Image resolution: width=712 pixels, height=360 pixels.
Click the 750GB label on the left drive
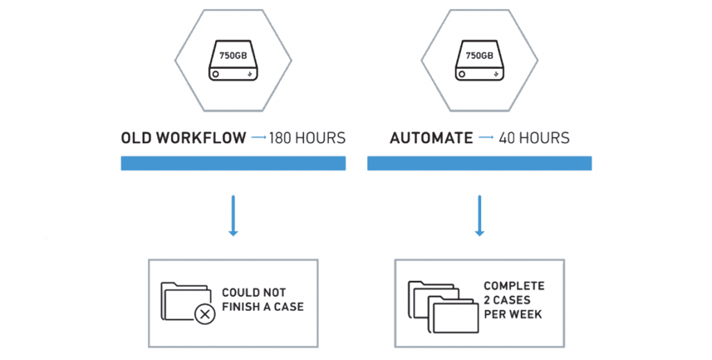click(233, 54)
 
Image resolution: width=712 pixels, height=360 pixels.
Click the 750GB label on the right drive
click(478, 54)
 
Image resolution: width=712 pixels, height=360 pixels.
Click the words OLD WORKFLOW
click(184, 138)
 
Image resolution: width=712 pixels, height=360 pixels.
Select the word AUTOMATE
click(431, 138)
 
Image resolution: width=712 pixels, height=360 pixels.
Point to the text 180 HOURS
click(307, 138)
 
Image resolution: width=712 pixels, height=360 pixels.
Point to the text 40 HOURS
click(534, 138)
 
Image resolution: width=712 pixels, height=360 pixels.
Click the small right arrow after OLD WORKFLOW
click(259, 138)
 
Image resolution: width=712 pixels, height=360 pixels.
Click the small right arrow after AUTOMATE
click(485, 138)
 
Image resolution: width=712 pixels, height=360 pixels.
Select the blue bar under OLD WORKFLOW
click(233, 163)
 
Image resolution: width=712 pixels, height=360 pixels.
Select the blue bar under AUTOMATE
click(479, 163)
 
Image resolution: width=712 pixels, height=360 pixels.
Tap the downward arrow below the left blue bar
click(234, 216)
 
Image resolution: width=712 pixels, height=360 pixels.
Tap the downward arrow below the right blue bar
click(479, 216)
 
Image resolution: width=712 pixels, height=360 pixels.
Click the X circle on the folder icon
click(204, 315)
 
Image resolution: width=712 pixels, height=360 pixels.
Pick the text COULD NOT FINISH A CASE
click(262, 300)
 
